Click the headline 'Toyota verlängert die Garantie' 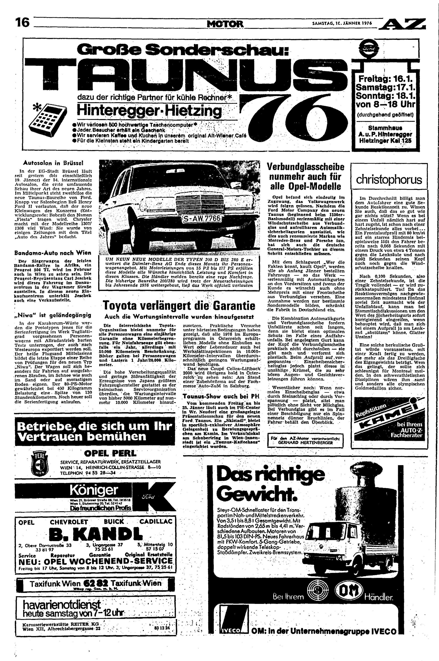[x=179, y=306]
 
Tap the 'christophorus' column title [x=389, y=180]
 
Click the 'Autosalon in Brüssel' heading [x=53, y=162]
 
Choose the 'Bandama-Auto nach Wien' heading [x=53, y=253]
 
